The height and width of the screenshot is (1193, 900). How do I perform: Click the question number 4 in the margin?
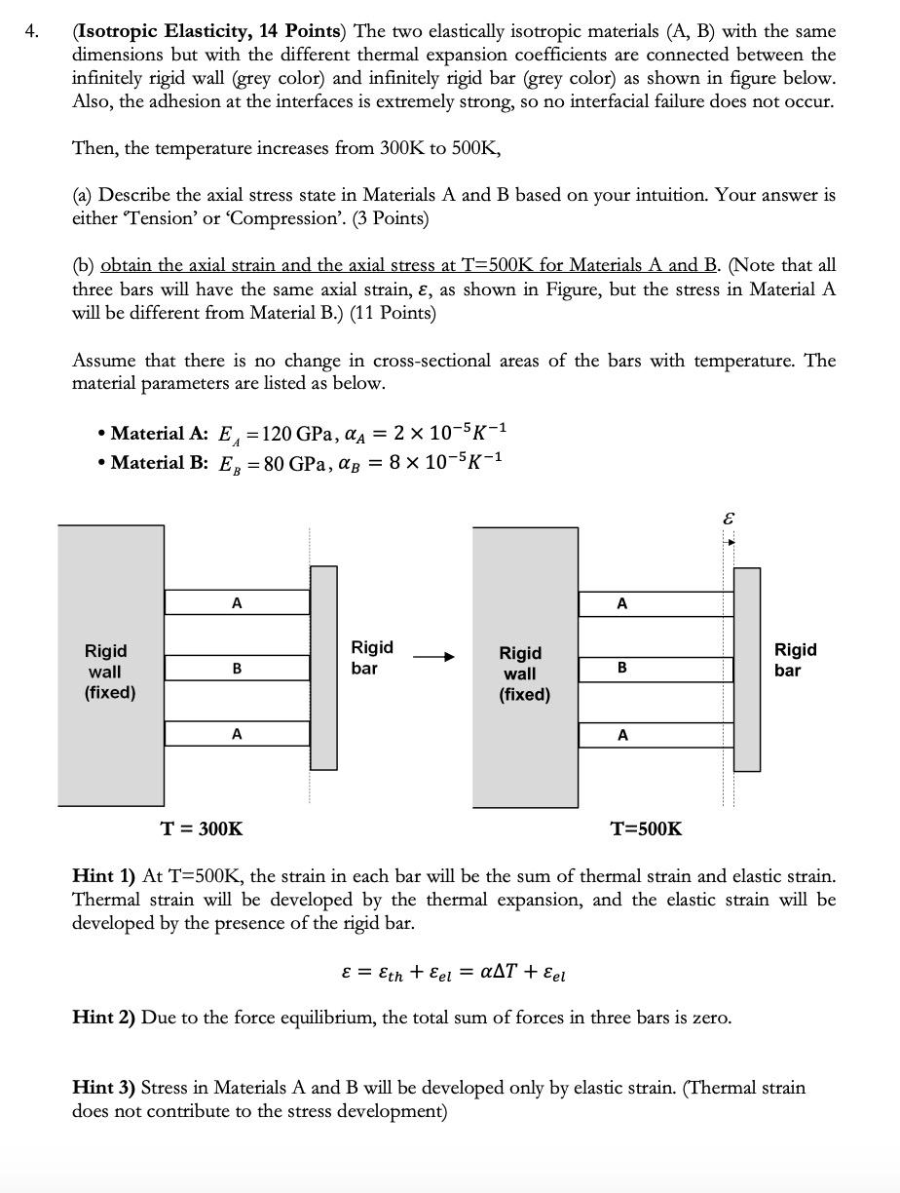point(33,31)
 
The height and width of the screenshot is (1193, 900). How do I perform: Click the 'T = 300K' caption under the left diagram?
point(202,829)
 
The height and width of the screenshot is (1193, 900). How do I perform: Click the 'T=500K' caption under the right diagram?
point(646,829)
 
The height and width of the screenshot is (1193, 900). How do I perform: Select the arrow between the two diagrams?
point(433,658)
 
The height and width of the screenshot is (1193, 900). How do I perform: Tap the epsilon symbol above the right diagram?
point(728,520)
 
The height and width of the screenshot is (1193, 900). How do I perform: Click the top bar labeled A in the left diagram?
point(237,602)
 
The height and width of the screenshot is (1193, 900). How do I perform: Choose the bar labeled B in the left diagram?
point(237,669)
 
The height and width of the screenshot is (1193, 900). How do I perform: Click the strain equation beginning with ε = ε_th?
point(454,973)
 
